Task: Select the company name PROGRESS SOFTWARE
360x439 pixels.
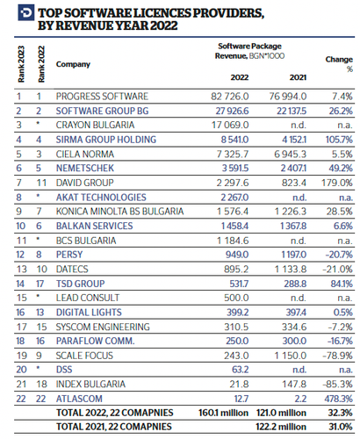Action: tap(101, 95)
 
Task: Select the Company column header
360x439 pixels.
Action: tap(73, 65)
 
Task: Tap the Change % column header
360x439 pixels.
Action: tap(339, 64)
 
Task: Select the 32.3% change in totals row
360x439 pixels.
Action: tap(339, 412)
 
